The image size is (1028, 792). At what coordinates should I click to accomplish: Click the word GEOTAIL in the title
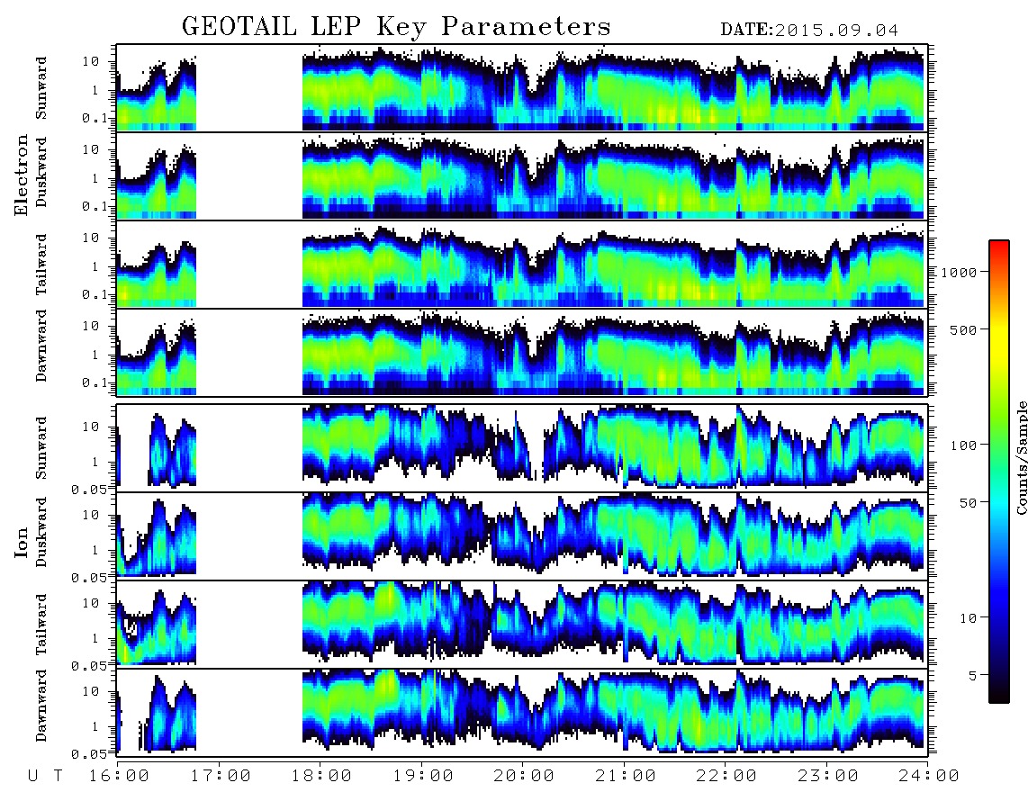(x=239, y=27)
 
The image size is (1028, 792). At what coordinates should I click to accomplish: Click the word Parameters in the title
(x=526, y=27)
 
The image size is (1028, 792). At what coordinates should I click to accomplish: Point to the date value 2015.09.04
(x=836, y=31)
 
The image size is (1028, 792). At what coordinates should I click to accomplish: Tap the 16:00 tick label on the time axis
(x=118, y=777)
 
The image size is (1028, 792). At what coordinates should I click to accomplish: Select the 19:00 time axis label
(x=423, y=777)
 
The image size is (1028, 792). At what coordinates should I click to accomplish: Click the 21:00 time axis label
(x=626, y=777)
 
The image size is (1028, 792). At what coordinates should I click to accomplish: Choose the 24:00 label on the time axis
(x=929, y=777)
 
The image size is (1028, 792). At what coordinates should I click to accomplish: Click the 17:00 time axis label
(x=220, y=777)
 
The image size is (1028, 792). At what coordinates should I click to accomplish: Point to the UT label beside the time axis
(x=45, y=777)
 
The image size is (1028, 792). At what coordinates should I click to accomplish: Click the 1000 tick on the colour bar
(x=959, y=273)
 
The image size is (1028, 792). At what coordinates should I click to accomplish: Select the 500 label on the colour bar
(x=963, y=329)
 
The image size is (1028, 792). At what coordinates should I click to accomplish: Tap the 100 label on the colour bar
(x=963, y=445)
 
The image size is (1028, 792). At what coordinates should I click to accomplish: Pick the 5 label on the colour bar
(x=973, y=675)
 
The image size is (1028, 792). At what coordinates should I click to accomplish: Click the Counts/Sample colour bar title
(x=1022, y=457)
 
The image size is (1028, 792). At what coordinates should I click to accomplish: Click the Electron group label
(x=22, y=175)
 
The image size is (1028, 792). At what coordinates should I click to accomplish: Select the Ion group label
(x=22, y=542)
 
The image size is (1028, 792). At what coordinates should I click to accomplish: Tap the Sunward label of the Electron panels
(x=41, y=88)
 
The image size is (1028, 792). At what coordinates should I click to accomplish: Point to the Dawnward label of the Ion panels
(x=41, y=706)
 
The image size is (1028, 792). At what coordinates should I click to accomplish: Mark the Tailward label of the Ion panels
(x=41, y=625)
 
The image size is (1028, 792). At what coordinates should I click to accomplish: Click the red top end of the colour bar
(x=999, y=244)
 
